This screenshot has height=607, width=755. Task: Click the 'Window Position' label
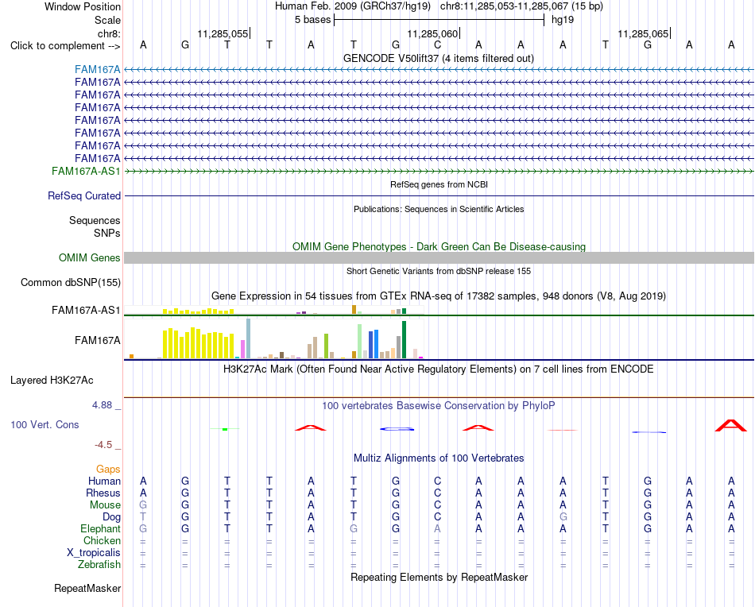[83, 6]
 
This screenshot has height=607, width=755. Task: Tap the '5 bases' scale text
[312, 20]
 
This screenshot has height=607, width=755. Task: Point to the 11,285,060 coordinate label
[432, 33]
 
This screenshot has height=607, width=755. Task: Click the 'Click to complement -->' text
[65, 46]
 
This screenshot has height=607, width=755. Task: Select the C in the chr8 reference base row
[437, 44]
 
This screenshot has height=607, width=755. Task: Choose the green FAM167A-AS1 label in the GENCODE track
[86, 172]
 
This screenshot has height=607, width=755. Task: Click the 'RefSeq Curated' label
[84, 196]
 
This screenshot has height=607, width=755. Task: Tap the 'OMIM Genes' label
[89, 257]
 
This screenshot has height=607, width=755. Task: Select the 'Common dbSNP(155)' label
[70, 283]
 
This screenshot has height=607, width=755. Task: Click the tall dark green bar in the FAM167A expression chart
[404, 340]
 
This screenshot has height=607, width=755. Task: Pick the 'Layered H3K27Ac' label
[52, 381]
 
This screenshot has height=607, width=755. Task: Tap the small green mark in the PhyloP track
[225, 429]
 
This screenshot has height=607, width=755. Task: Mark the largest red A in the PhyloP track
[731, 426]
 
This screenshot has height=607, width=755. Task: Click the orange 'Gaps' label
[108, 469]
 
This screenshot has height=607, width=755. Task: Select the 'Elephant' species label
[100, 528]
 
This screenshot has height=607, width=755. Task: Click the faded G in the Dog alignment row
[563, 516]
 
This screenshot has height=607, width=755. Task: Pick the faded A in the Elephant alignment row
[437, 528]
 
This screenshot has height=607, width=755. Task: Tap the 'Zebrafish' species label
[99, 564]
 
